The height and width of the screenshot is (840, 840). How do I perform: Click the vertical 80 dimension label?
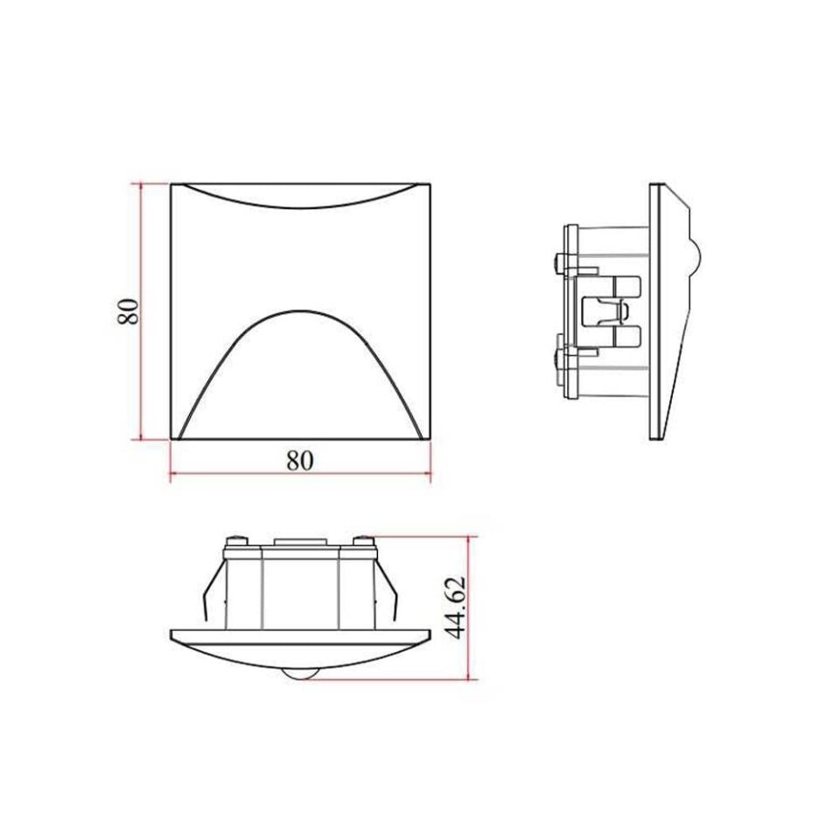click(129, 311)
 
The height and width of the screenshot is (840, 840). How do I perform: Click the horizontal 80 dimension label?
click(299, 460)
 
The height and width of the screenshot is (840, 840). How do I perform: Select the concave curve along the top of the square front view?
click(299, 203)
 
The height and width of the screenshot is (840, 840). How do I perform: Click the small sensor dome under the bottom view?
click(298, 673)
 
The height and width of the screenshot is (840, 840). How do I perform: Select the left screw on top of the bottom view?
click(234, 542)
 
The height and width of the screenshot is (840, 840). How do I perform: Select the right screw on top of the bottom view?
click(362, 542)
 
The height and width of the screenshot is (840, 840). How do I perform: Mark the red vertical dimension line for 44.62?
click(471, 608)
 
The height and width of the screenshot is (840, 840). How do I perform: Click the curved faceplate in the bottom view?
click(299, 647)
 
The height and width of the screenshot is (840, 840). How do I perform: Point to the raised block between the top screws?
click(298, 542)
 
